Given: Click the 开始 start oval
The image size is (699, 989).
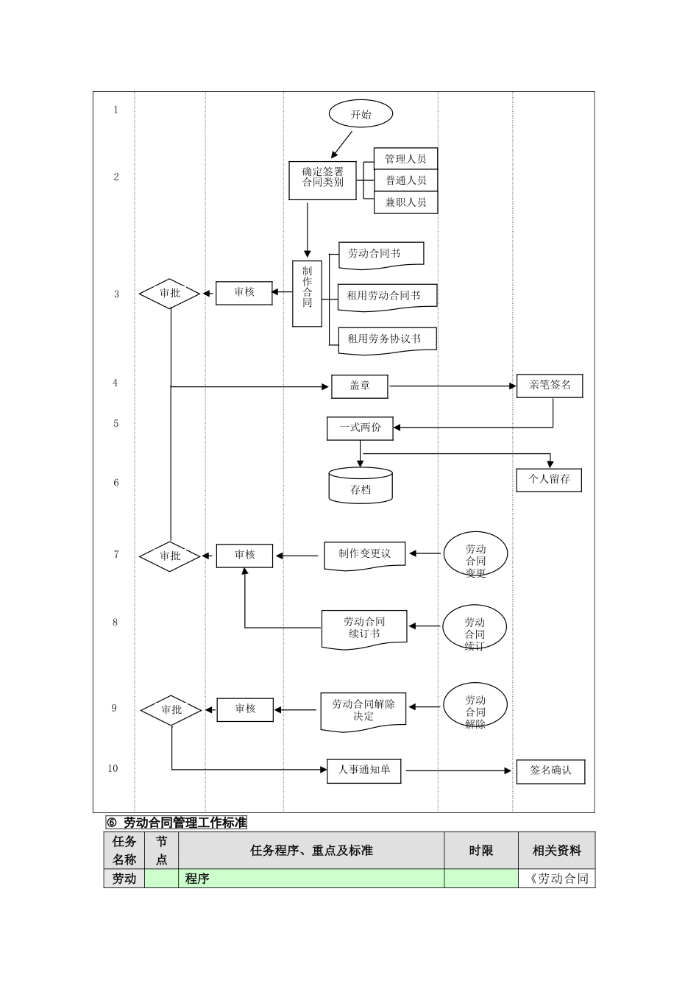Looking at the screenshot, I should coord(361,114).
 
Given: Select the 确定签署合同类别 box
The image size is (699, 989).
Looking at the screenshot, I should coord(322,180).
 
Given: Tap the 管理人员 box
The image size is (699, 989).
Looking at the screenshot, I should coord(405,159).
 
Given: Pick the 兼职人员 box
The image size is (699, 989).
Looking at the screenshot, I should coord(405,202).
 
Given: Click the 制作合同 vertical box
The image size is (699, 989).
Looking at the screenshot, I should coord(307,293).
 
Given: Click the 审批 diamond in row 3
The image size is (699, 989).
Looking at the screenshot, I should coord(170,293).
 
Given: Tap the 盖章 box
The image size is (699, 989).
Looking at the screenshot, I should coord(359,386).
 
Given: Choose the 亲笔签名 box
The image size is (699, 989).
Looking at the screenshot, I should coord(550,386).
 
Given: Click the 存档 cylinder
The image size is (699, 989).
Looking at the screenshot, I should coord(361,486).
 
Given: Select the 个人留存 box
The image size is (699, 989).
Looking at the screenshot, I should coord(549,479).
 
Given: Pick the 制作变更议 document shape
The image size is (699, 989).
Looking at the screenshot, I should coord(364,555).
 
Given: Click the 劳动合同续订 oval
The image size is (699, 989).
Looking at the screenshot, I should coord(475,627).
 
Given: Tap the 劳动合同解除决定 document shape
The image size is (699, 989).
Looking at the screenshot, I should coord(363,711).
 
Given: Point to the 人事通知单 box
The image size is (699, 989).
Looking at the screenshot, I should coord(363,770).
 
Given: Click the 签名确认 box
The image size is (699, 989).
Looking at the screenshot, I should coord(550,771).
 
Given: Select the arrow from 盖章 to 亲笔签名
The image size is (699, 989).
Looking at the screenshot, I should coord(453,386).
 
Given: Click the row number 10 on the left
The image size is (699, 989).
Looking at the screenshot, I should coord(113,768).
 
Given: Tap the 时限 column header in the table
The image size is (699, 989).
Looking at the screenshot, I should coord(480,851).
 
